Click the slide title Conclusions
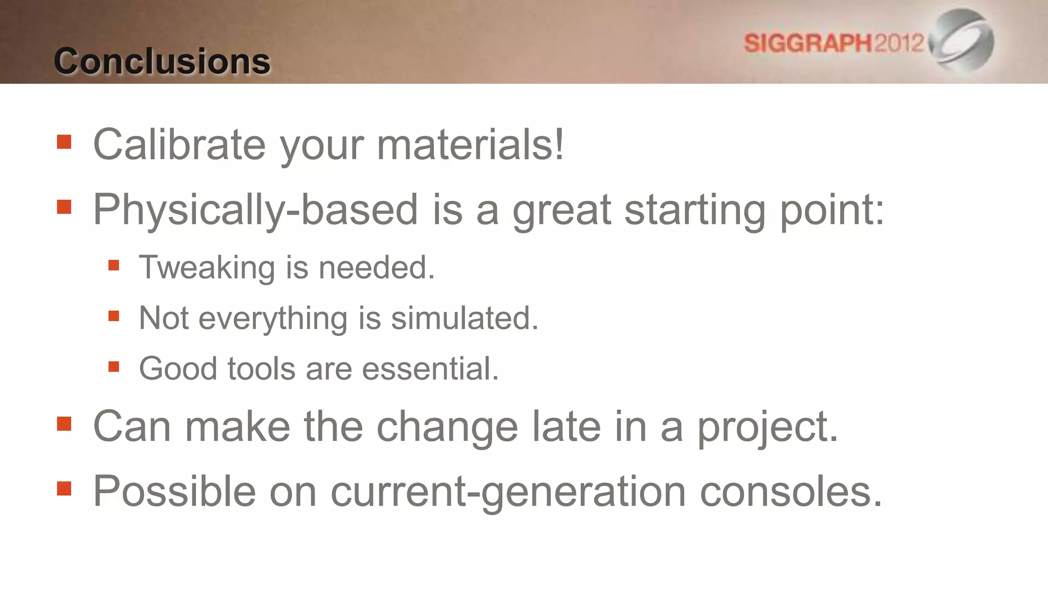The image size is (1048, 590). tap(162, 61)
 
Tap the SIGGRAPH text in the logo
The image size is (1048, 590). tap(807, 43)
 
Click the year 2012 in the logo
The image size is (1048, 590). tap(899, 43)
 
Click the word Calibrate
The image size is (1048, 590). tap(179, 144)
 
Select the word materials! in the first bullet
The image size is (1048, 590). tap(470, 144)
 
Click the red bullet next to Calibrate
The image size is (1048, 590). tap(64, 142)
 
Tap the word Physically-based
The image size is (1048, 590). tap(255, 210)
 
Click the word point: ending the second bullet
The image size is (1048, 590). tap(832, 210)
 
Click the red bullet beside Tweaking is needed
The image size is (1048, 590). tap(114, 265)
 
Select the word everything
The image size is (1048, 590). tap(273, 319)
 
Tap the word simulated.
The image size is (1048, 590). tap(464, 319)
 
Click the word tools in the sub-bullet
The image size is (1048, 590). tap(261, 369)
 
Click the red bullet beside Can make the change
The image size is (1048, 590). tap(64, 424)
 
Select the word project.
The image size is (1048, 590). tap(768, 427)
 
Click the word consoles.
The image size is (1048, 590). tap(791, 492)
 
